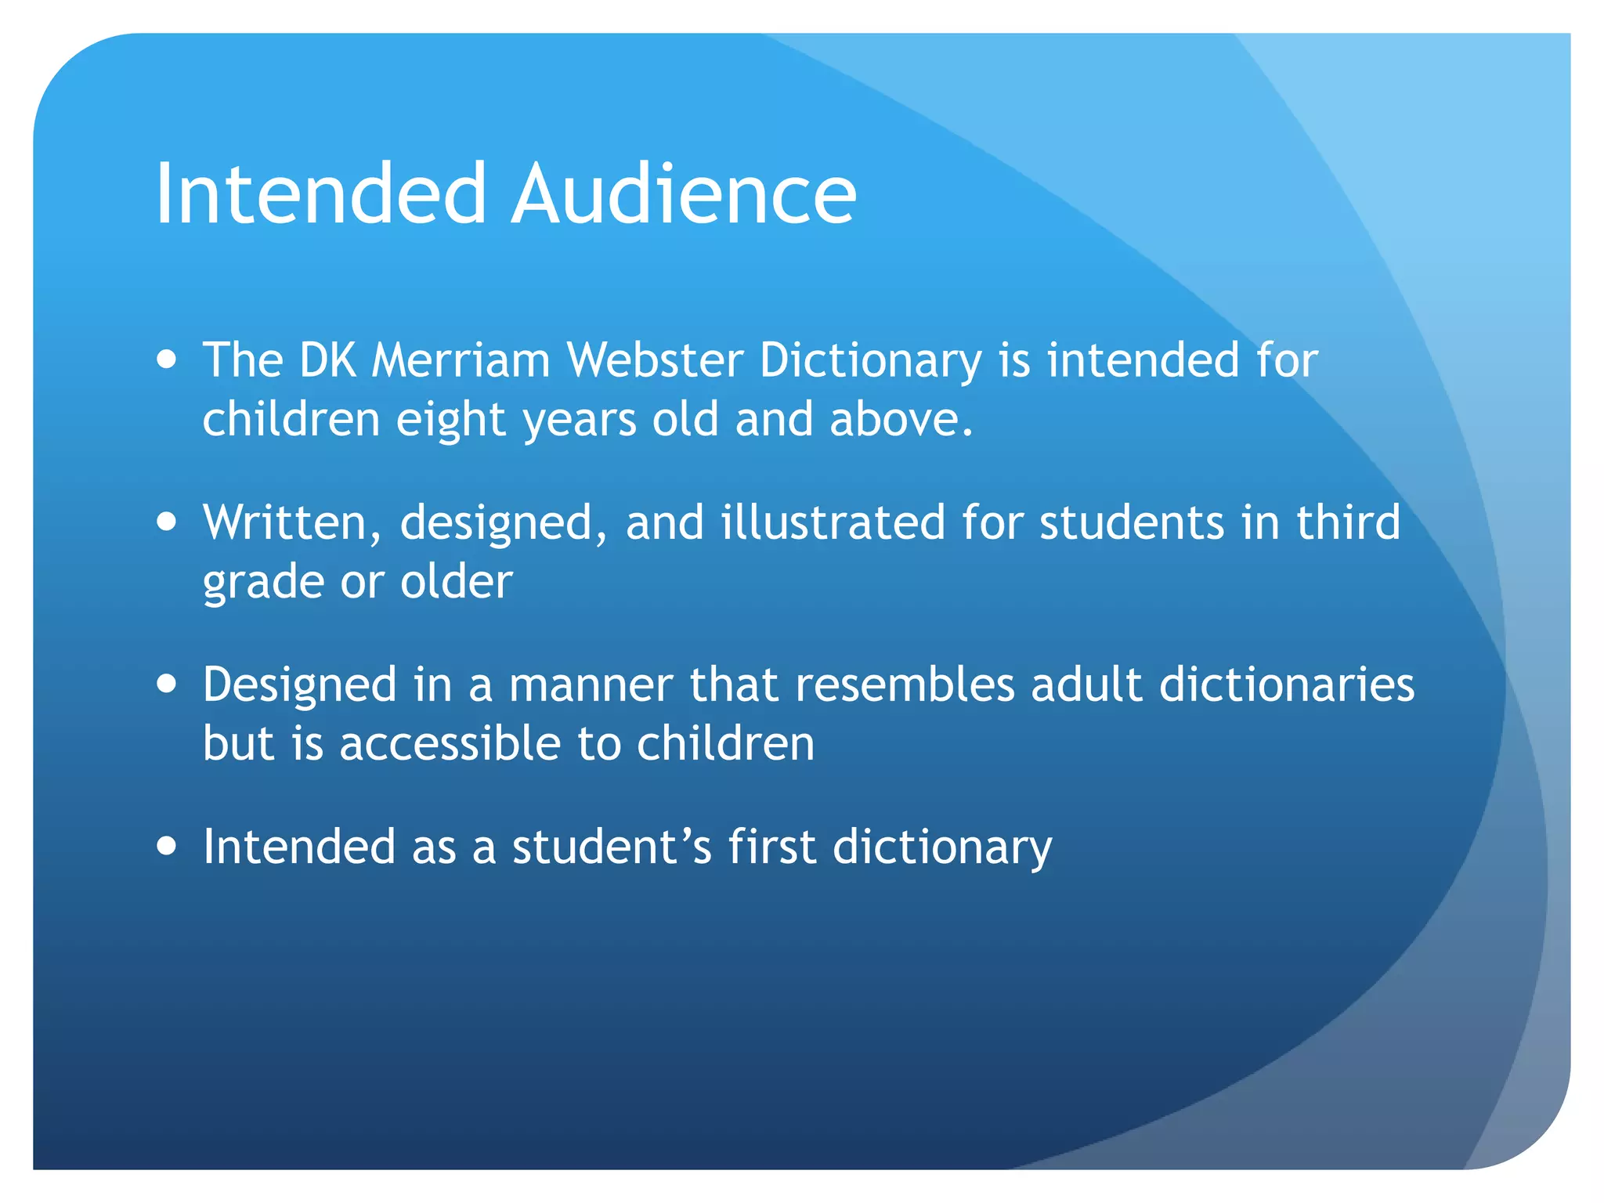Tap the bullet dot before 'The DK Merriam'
point(166,359)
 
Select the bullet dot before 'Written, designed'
point(166,522)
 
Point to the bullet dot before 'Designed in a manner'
point(166,684)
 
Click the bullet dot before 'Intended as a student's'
point(166,847)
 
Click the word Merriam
point(461,361)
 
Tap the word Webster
point(655,361)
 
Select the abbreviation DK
point(327,361)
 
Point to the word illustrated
point(832,522)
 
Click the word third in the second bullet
point(1348,522)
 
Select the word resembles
point(905,685)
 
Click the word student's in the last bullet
point(612,847)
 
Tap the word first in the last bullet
point(772,847)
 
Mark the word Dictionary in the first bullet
point(870,363)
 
